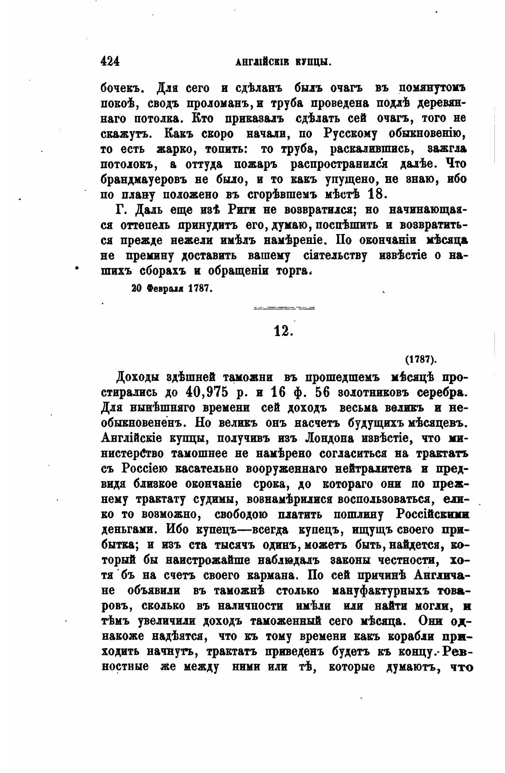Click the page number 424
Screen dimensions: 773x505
111,61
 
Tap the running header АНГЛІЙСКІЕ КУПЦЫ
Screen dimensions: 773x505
284,62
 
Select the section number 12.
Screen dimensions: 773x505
284,331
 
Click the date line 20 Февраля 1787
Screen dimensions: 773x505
173,288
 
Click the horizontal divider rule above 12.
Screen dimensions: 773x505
284,307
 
